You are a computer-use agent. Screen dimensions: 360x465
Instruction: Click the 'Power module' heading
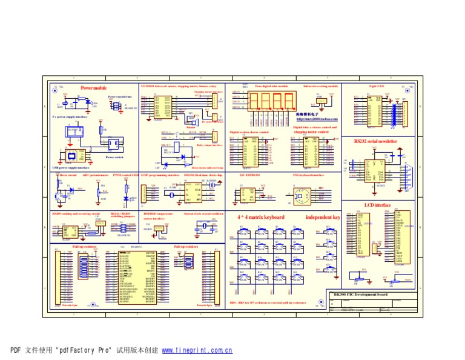pyautogui.click(x=93, y=88)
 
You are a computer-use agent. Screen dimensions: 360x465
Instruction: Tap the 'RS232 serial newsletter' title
pyautogui.click(x=375, y=141)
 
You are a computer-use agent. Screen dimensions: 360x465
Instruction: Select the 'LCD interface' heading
pyautogui.click(x=378, y=205)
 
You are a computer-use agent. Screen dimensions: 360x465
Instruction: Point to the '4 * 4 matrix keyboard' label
pyautogui.click(x=260, y=217)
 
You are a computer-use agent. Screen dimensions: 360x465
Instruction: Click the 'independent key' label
pyautogui.click(x=323, y=217)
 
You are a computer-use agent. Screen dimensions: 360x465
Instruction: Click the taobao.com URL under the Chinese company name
pyautogui.click(x=317, y=119)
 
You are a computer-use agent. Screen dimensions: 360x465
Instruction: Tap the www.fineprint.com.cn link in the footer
pyautogui.click(x=197, y=350)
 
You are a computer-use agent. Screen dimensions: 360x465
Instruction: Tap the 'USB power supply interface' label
pyautogui.click(x=72, y=168)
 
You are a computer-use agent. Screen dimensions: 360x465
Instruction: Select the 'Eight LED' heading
pyautogui.click(x=376, y=87)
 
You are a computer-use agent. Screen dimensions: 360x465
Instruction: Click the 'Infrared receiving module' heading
pyautogui.click(x=320, y=87)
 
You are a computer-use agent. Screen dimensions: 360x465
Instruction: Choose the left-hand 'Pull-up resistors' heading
pyautogui.click(x=84, y=247)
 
